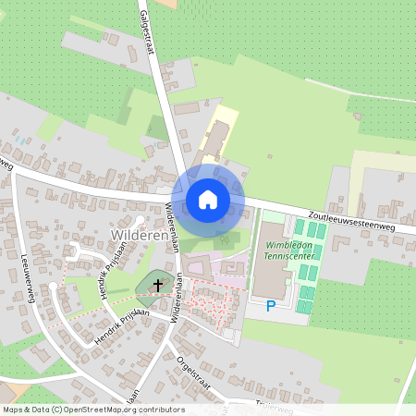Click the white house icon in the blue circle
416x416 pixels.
[x=208, y=200]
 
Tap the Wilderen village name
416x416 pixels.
[x=139, y=237]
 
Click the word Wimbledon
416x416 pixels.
[x=288, y=247]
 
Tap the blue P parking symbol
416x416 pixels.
[x=271, y=305]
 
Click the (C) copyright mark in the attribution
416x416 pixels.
[x=57, y=410]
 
